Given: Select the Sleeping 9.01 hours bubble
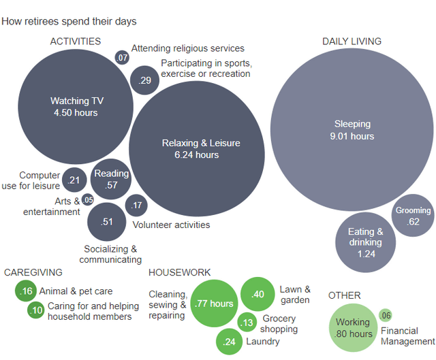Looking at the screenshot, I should coord(352,130).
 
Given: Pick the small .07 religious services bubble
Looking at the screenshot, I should coord(123,58).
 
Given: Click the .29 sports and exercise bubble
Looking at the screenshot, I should coord(145,80).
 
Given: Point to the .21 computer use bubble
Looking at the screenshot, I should coord(74,180).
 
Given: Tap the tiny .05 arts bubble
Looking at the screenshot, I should coord(88,200).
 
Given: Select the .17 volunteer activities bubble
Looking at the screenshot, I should coord(137,205).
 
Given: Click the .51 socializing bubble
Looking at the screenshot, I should coord(106,221).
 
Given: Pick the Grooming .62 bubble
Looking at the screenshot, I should coord(413,216).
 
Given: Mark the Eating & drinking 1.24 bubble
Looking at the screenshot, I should coord(367,242).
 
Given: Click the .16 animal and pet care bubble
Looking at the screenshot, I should coord(27,291).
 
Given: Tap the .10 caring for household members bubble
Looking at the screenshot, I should coord(36,310).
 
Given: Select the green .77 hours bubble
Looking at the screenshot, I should coord(214,304).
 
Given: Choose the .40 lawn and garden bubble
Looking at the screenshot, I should coord(258,295).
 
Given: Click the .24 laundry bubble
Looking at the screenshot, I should coord(230,342).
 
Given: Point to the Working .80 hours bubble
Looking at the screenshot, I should coord(353,328).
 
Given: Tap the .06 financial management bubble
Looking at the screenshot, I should coord(386,314).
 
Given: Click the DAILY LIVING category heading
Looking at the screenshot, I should coord(352,42).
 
